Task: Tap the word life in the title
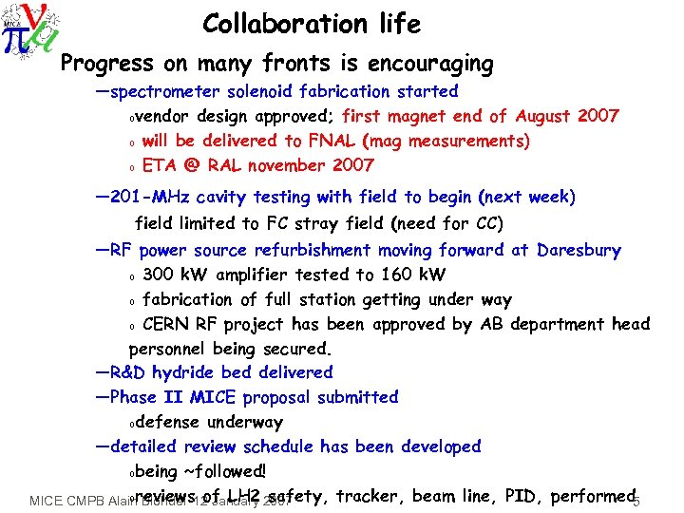[x=396, y=24]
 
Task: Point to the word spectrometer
[x=172, y=93]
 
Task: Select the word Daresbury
[x=578, y=251]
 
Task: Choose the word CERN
[x=167, y=324]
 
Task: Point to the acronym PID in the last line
[x=521, y=495]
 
